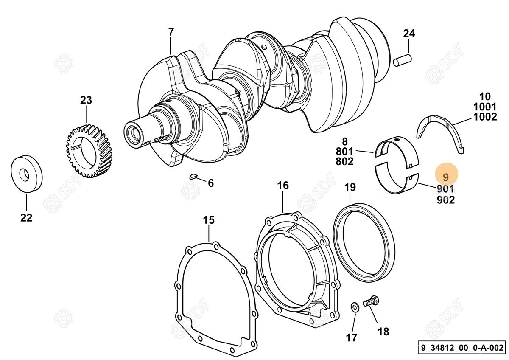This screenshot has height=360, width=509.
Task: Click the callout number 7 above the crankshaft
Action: coord(171,32)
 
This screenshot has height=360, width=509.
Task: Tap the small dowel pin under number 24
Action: coord(403,60)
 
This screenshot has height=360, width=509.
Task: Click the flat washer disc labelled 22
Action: coord(26,174)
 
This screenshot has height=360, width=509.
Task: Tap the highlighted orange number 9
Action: coord(445,177)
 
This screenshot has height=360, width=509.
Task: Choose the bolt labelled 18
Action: coord(371,302)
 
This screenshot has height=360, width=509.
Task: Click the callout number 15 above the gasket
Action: coord(209,220)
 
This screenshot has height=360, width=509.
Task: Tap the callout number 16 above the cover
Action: coord(283,186)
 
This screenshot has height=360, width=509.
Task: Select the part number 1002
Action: coord(485,117)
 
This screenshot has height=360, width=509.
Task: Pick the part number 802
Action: coord(345,161)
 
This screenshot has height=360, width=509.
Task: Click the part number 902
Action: coord(445,200)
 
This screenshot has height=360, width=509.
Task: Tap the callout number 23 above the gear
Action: coord(86,101)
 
